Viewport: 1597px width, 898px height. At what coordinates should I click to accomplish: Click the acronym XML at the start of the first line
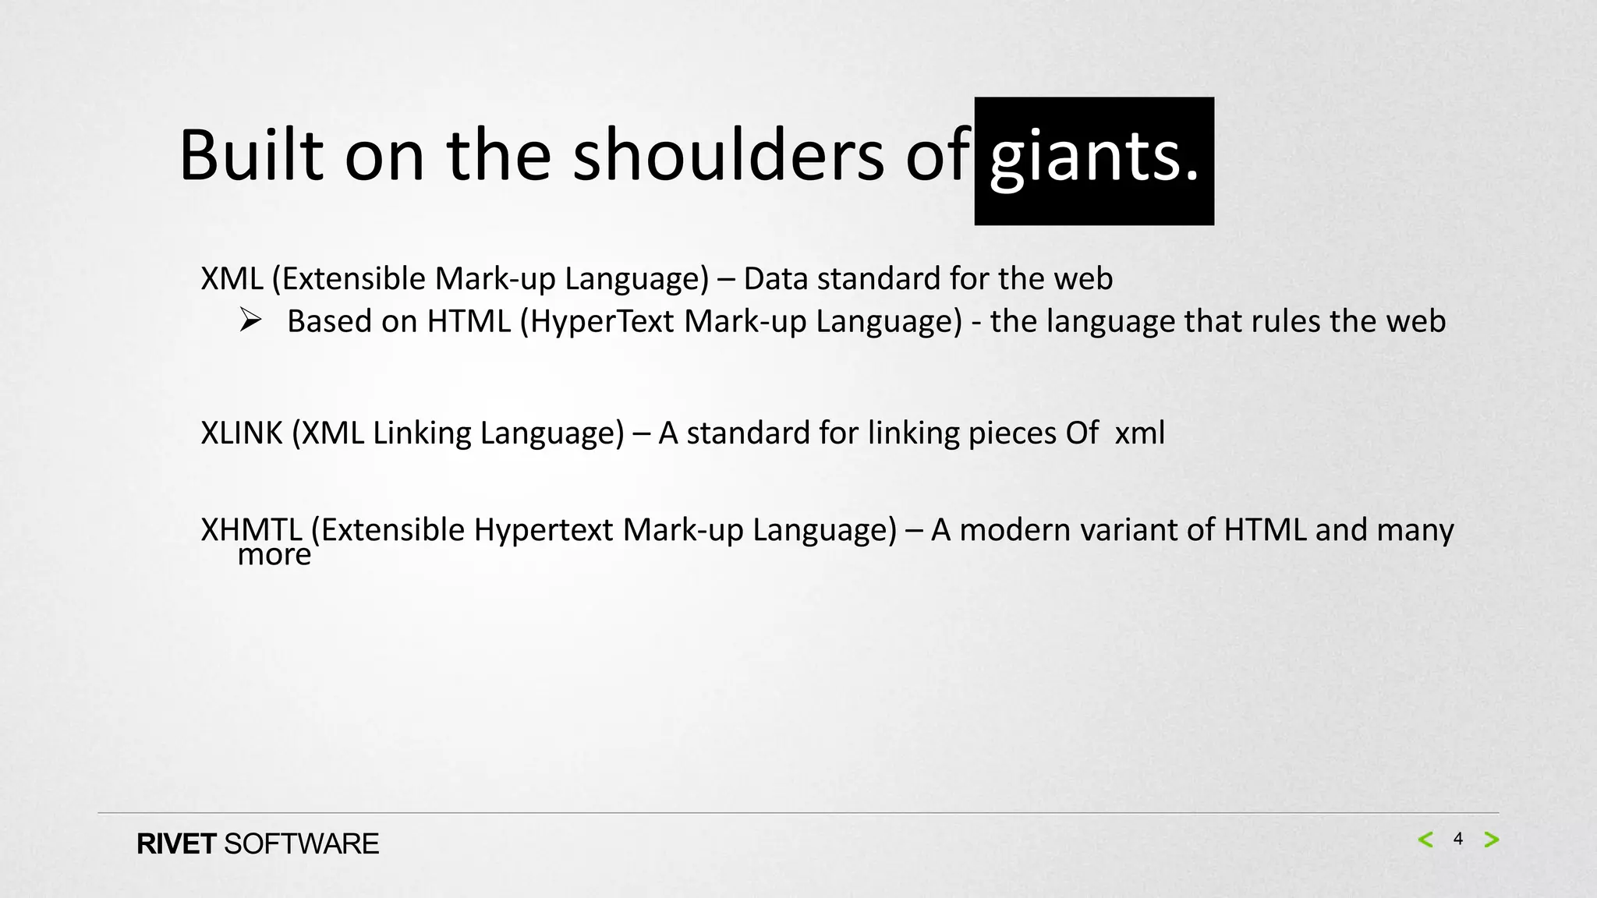pyautogui.click(x=232, y=278)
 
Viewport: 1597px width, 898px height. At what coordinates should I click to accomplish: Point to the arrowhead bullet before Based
pyautogui.click(x=250, y=320)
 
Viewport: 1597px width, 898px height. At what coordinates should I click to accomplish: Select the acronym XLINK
pyautogui.click(x=241, y=433)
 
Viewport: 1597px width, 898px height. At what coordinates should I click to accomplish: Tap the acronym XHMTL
pyautogui.click(x=251, y=529)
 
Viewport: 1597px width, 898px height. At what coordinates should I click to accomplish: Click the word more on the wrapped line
pyautogui.click(x=274, y=554)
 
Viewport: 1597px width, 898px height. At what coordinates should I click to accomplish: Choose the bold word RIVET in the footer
pyautogui.click(x=176, y=844)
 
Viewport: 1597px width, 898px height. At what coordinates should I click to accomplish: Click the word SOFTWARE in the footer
pyautogui.click(x=301, y=844)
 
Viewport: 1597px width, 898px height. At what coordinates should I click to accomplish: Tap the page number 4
pyautogui.click(x=1457, y=840)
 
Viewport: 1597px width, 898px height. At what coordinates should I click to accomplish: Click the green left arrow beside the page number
pyautogui.click(x=1425, y=840)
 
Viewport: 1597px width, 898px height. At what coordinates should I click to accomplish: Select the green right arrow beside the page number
pyautogui.click(x=1491, y=840)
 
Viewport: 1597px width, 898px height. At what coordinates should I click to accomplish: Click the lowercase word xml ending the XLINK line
pyautogui.click(x=1139, y=433)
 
